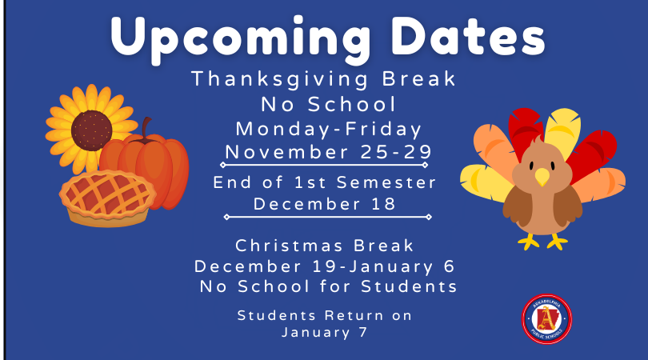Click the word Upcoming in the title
241,40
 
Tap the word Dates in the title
468,36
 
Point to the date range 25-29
396,152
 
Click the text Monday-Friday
329,129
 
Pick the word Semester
386,182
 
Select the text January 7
325,332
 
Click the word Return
354,315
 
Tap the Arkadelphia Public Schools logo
546,318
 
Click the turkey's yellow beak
542,177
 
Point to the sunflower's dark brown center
91,130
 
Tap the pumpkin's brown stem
146,128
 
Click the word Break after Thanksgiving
418,78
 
